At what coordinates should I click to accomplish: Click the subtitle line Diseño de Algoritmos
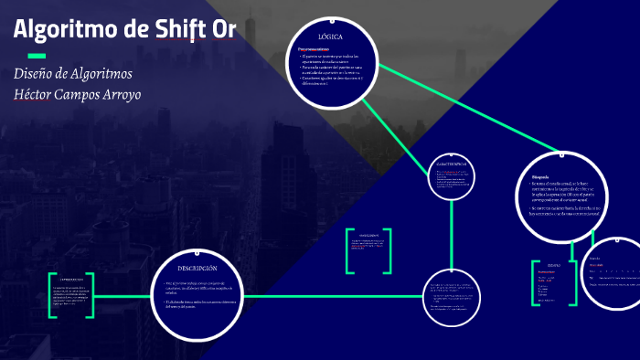coord(73,73)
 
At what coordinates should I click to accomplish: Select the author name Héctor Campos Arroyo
coord(77,94)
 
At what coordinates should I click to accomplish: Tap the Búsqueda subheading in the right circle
coord(539,178)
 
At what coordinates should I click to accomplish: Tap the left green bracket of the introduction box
coord(51,295)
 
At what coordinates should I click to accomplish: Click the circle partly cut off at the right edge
coord(613,272)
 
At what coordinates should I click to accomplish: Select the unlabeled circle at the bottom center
coord(451,298)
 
